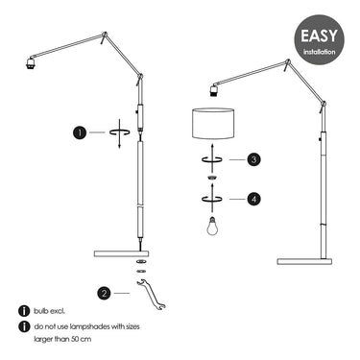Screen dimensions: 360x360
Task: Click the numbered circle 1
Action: point(80,132)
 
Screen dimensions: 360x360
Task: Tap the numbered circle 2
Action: point(105,293)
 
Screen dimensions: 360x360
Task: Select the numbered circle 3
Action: point(253,159)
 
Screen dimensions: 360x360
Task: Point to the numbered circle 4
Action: point(253,199)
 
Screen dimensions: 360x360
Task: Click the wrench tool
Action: point(151,294)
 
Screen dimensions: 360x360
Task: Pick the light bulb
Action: point(212,226)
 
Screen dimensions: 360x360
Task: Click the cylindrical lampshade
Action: point(213,123)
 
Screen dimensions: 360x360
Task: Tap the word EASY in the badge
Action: point(319,36)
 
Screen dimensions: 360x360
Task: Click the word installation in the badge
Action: point(320,52)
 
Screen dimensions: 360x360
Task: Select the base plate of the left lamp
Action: point(122,253)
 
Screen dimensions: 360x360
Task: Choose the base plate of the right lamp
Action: point(304,261)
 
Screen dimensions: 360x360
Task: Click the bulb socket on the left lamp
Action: point(31,63)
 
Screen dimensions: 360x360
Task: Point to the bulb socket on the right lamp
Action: point(214,90)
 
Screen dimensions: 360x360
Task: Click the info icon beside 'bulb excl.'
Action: point(23,311)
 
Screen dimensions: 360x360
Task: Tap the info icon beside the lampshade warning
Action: point(23,326)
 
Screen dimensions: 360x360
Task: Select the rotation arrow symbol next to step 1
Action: point(120,132)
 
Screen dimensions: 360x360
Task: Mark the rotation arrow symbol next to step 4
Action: point(211,199)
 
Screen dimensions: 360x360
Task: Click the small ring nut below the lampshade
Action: point(211,177)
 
